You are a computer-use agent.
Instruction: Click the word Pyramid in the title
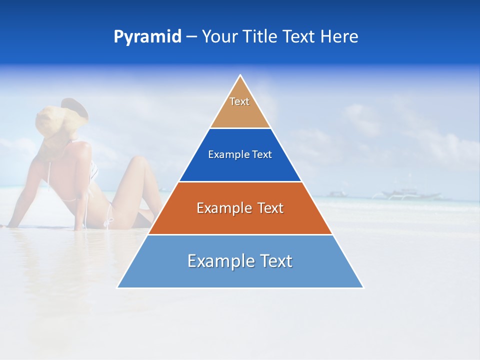coord(147,37)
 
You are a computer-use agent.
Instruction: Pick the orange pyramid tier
coord(240,220)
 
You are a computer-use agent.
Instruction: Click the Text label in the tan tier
coord(239,101)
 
